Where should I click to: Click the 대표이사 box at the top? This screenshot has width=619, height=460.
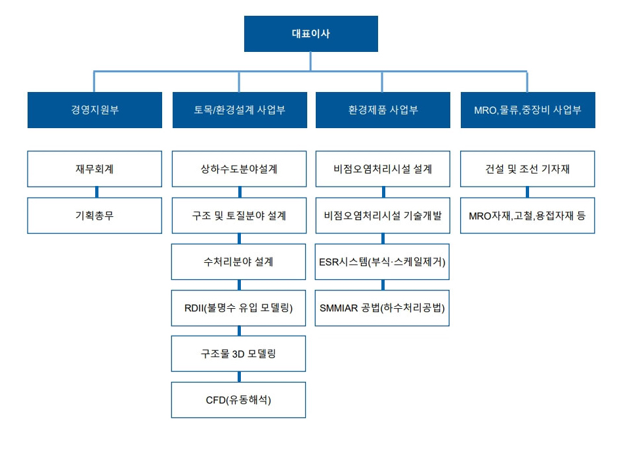coord(311,34)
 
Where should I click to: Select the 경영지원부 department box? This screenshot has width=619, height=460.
coord(95,110)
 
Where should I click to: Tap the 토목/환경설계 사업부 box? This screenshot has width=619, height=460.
coord(240,110)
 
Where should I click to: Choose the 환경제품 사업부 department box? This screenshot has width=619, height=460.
coord(383,110)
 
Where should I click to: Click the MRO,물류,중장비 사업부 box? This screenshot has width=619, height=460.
coord(528,110)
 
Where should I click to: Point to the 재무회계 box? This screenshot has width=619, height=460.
coord(95,169)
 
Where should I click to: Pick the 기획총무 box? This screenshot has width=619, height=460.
coord(95,216)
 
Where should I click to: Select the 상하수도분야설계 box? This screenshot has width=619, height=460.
coord(239,169)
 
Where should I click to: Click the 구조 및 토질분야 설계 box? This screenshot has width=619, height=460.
coord(239,216)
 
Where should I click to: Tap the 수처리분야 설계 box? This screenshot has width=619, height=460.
coord(238,262)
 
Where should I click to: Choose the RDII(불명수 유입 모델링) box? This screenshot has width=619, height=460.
coord(238,308)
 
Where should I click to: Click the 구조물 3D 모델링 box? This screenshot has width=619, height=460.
coord(238,354)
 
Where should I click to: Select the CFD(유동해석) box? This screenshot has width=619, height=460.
coord(238,400)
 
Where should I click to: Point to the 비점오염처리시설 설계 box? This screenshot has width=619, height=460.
coord(383,169)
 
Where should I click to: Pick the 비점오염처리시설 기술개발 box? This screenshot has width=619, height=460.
coord(383,216)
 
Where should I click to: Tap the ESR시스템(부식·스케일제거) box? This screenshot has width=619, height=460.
coord(382,262)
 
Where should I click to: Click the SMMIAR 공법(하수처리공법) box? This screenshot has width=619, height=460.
coord(382,308)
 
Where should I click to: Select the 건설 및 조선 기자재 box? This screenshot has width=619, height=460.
coord(527,169)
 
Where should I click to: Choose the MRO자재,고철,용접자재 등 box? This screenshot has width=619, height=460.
coord(527,216)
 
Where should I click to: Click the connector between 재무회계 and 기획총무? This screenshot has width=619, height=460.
coord(96,192)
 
